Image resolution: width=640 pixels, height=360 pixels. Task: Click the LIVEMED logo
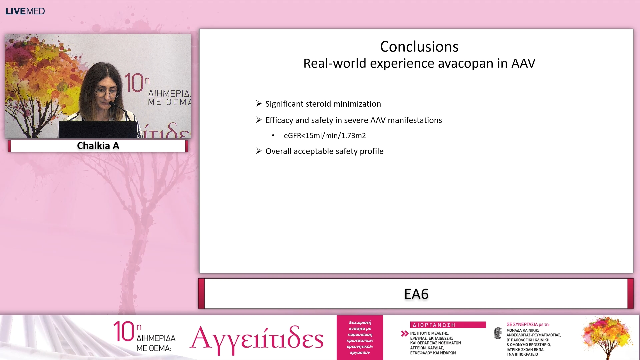25,11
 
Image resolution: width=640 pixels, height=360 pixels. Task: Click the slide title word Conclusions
419,47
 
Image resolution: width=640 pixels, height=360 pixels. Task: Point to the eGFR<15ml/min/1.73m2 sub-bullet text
325,136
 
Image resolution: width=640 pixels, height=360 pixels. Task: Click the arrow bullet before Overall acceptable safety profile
259,151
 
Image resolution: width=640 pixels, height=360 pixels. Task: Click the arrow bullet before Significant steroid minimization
259,104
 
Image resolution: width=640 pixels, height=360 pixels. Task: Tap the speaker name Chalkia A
98,146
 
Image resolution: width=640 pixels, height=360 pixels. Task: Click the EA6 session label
416,294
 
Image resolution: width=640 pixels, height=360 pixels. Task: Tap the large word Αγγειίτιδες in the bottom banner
257,338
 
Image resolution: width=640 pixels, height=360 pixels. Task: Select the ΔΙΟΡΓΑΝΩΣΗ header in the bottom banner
434,325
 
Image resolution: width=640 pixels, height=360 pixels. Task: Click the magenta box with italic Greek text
360,337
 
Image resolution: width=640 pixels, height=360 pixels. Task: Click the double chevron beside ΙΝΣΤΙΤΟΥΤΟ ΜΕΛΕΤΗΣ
405,333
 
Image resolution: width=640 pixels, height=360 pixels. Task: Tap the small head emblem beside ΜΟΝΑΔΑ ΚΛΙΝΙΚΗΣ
498,333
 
